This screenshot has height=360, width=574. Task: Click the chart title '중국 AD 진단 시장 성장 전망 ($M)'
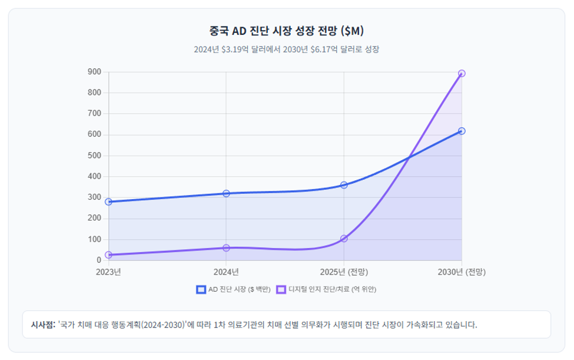[286, 31]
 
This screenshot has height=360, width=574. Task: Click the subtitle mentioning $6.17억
[286, 49]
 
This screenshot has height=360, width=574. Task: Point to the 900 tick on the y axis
[94, 72]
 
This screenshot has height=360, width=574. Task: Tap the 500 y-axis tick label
[94, 156]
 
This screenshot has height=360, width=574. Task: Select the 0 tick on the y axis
[99, 260]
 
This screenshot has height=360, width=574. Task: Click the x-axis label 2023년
[108, 272]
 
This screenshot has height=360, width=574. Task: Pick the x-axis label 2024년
[226, 272]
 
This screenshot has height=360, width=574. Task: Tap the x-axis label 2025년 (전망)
[344, 272]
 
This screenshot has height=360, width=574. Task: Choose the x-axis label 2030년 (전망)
[462, 272]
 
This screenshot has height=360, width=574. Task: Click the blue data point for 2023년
[108, 202]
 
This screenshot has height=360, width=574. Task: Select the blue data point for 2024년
[226, 193]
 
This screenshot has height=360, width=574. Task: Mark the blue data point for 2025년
[344, 185]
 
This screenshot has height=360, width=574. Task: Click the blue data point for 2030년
[462, 131]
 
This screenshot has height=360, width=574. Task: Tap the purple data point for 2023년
[108, 255]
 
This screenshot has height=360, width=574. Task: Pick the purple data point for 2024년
[226, 248]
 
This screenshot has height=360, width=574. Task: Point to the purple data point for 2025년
[344, 239]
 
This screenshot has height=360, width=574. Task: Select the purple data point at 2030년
[462, 74]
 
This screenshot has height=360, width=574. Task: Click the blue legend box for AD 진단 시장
[201, 290]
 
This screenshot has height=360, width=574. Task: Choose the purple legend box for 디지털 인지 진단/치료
[281, 290]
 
